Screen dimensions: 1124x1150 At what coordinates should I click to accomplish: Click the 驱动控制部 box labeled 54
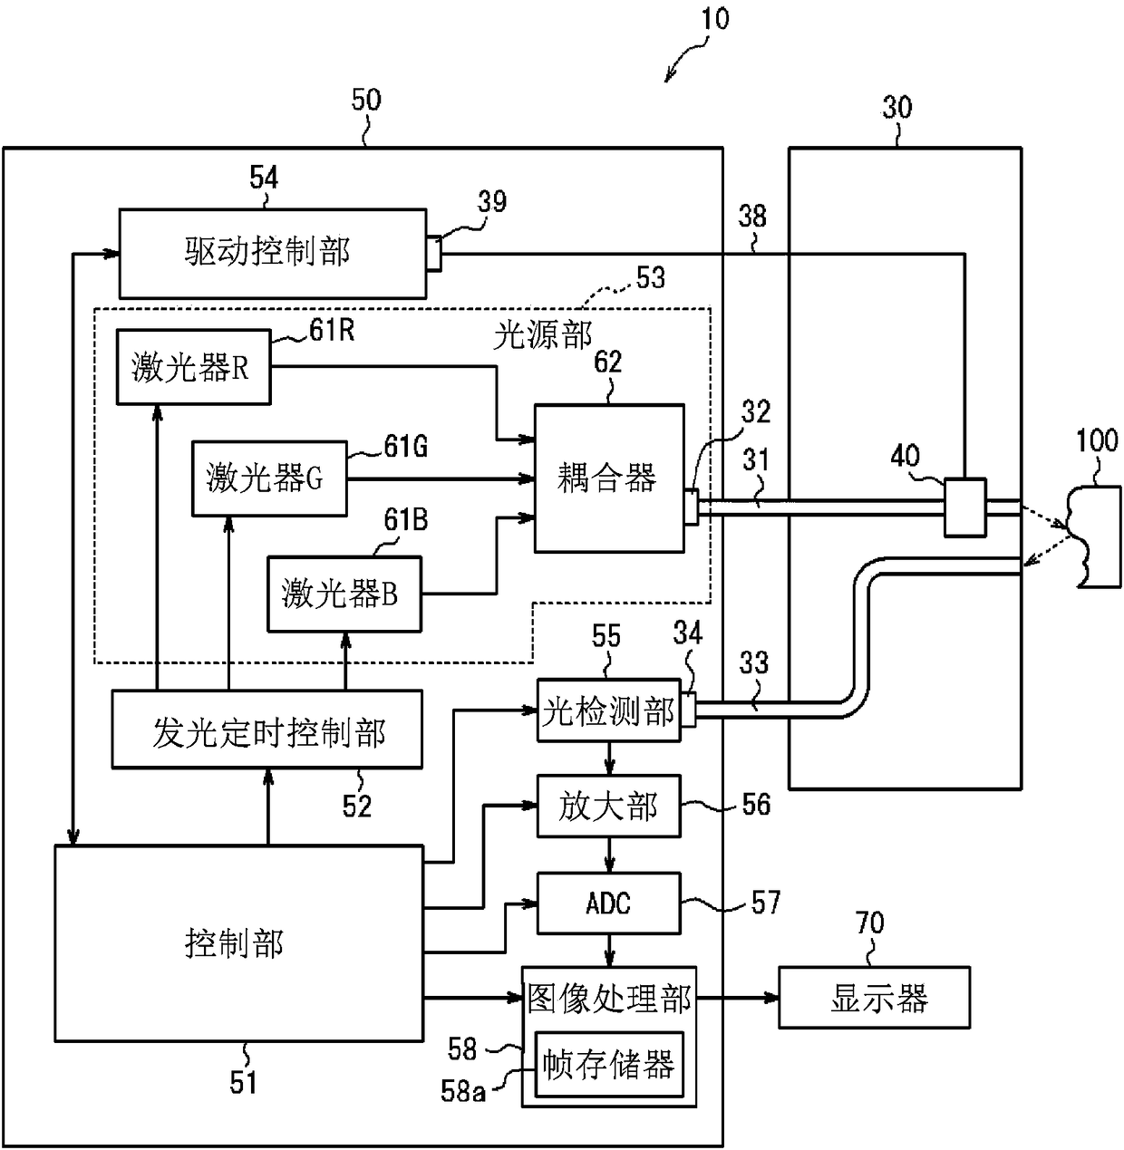tap(273, 253)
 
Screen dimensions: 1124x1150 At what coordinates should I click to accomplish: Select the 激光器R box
tap(193, 366)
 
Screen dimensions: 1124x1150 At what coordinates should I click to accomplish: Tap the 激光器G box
tap(269, 478)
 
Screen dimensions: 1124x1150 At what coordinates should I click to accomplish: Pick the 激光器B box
tap(344, 594)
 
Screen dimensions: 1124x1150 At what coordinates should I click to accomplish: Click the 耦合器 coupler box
tap(609, 478)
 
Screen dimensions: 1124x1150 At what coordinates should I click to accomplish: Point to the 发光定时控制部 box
tap(267, 730)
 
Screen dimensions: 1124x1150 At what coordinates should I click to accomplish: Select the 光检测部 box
tap(609, 710)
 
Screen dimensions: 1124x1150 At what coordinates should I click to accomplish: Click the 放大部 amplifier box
tap(609, 806)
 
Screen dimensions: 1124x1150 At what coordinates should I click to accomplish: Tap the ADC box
tap(609, 903)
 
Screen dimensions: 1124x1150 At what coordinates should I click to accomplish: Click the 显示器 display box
tap(874, 998)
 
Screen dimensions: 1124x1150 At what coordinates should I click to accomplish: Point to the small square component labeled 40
tap(964, 507)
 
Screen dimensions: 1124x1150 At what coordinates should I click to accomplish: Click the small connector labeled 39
tap(434, 254)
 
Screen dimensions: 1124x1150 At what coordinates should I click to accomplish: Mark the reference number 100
tap(1097, 440)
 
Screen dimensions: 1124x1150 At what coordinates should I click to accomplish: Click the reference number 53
tap(650, 277)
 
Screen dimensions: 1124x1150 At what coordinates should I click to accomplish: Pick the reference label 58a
tap(462, 1091)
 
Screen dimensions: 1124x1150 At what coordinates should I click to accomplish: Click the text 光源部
tap(542, 335)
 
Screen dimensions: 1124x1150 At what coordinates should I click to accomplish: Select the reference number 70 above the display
tap(869, 923)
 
